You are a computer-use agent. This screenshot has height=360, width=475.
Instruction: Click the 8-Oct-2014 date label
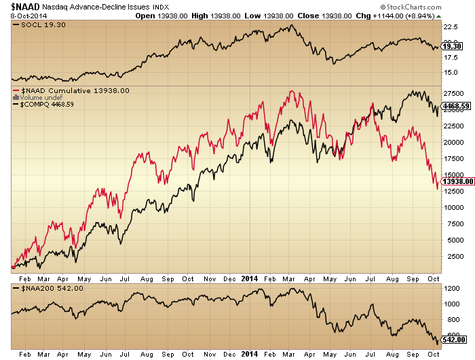[x=19, y=15]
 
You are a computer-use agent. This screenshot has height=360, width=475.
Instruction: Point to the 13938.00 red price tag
[x=457, y=181]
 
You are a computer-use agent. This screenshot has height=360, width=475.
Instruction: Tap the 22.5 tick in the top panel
[x=451, y=28]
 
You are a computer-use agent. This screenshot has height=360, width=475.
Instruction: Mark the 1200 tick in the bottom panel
[x=451, y=289]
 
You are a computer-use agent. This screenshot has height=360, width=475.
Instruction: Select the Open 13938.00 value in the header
[x=160, y=15]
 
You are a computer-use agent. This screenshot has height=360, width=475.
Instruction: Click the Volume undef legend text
[x=37, y=97]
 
